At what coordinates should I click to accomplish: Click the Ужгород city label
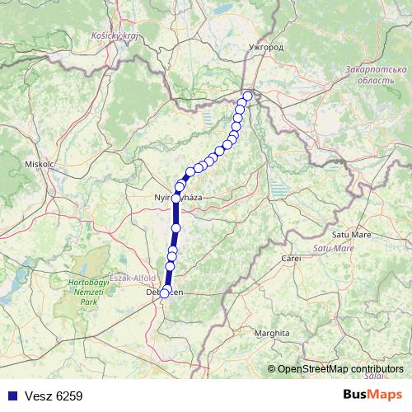click(x=265, y=48)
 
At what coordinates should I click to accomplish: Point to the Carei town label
click(x=291, y=259)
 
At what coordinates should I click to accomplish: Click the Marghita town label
click(x=273, y=333)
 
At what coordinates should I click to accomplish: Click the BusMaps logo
click(x=372, y=395)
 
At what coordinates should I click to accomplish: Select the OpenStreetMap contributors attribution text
click(x=340, y=368)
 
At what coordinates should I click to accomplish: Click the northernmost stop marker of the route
click(x=247, y=96)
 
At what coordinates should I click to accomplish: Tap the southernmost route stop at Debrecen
click(x=164, y=293)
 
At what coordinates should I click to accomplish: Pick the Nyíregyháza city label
click(x=179, y=198)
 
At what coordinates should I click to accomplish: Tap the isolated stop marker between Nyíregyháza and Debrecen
click(x=176, y=227)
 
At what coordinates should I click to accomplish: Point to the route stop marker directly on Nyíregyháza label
click(x=176, y=198)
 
